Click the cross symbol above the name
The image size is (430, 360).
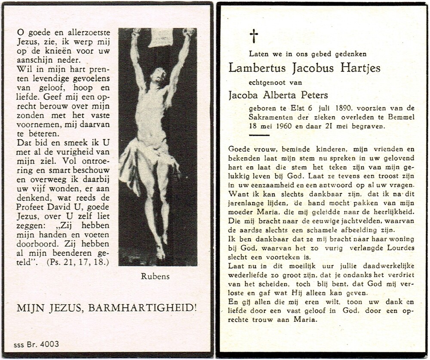click(x=254, y=36)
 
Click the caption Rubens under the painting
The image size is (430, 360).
click(x=155, y=277)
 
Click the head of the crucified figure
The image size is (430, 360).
click(x=160, y=76)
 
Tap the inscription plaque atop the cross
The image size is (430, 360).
click(x=160, y=37)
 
